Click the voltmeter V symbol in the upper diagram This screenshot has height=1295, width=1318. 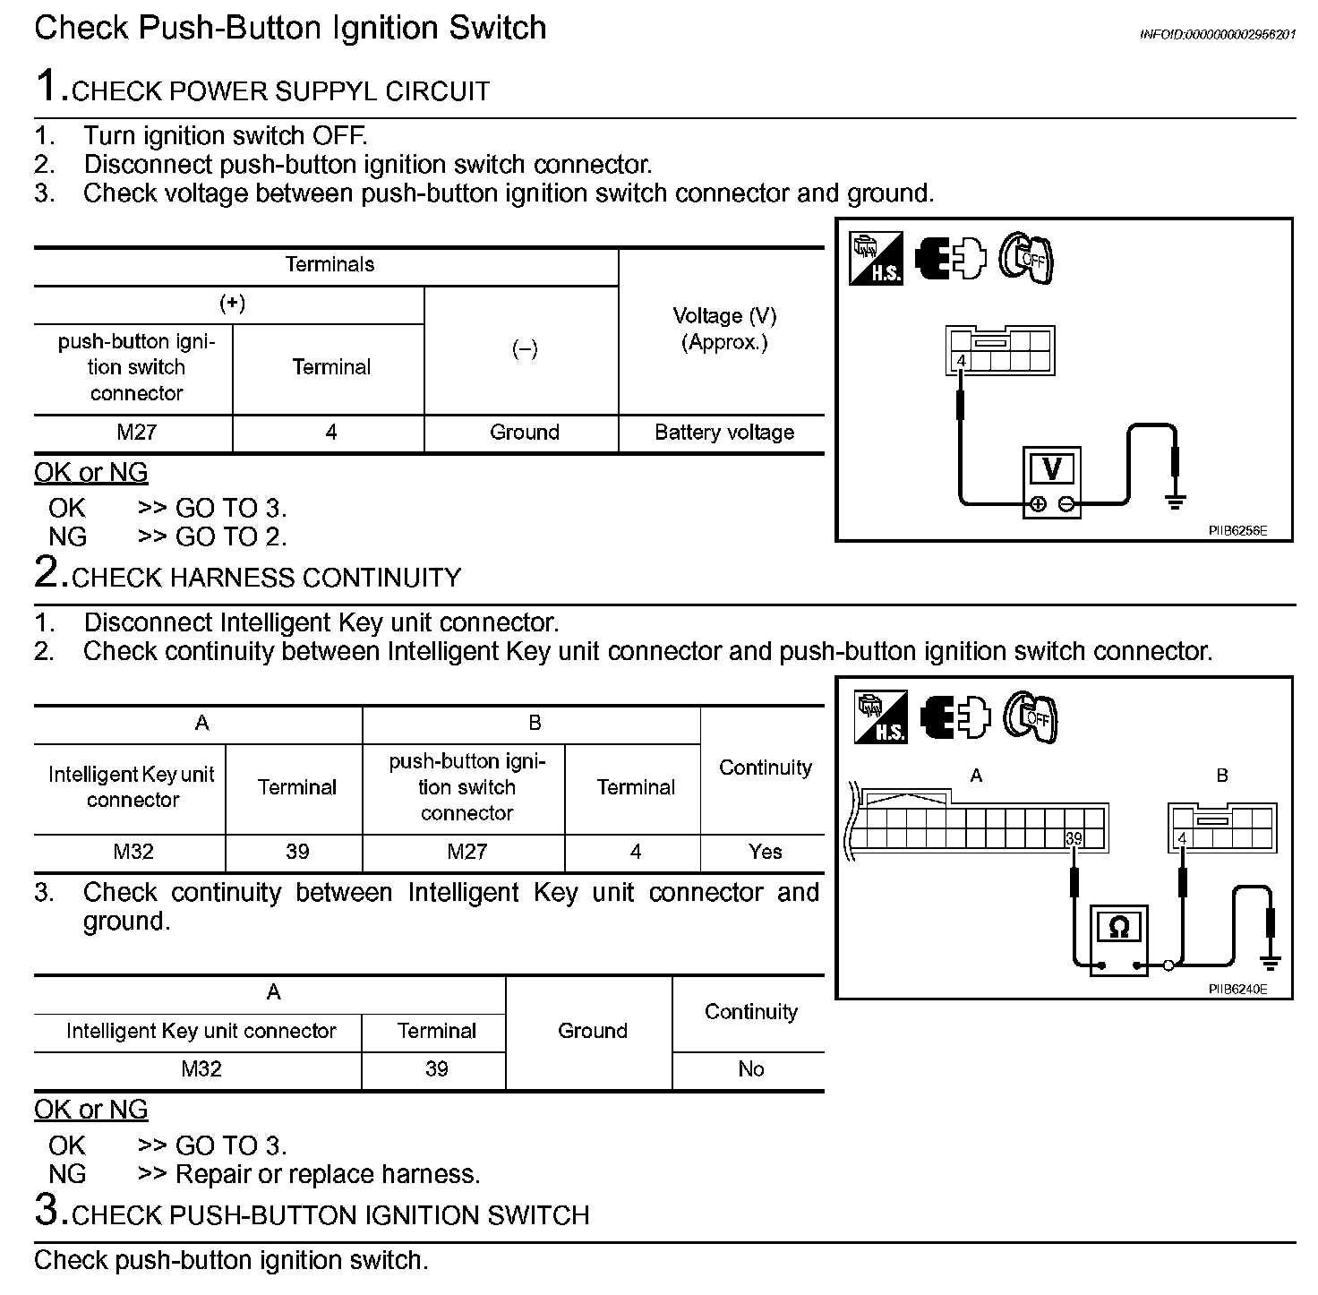coord(1052,468)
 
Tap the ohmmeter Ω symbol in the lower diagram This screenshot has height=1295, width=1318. coord(1118,927)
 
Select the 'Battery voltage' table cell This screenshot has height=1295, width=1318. coord(723,433)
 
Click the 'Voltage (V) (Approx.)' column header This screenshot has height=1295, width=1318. coord(723,329)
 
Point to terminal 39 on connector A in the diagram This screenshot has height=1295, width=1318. coord(1074,838)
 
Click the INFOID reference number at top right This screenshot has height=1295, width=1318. coord(1217,34)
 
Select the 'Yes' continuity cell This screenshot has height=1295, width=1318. coord(765,852)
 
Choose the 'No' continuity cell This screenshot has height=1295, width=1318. coord(750,1069)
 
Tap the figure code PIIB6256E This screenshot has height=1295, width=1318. coord(1237,530)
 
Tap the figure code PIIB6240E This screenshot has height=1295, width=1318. coord(1237,990)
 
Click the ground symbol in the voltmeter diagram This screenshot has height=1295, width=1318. coord(1175,501)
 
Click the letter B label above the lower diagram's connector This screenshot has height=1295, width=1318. coord(1222,776)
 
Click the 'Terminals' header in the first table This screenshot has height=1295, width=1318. coord(329,265)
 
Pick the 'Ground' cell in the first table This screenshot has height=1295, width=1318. coord(524,433)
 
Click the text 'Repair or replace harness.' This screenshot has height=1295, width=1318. coord(328,1174)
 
